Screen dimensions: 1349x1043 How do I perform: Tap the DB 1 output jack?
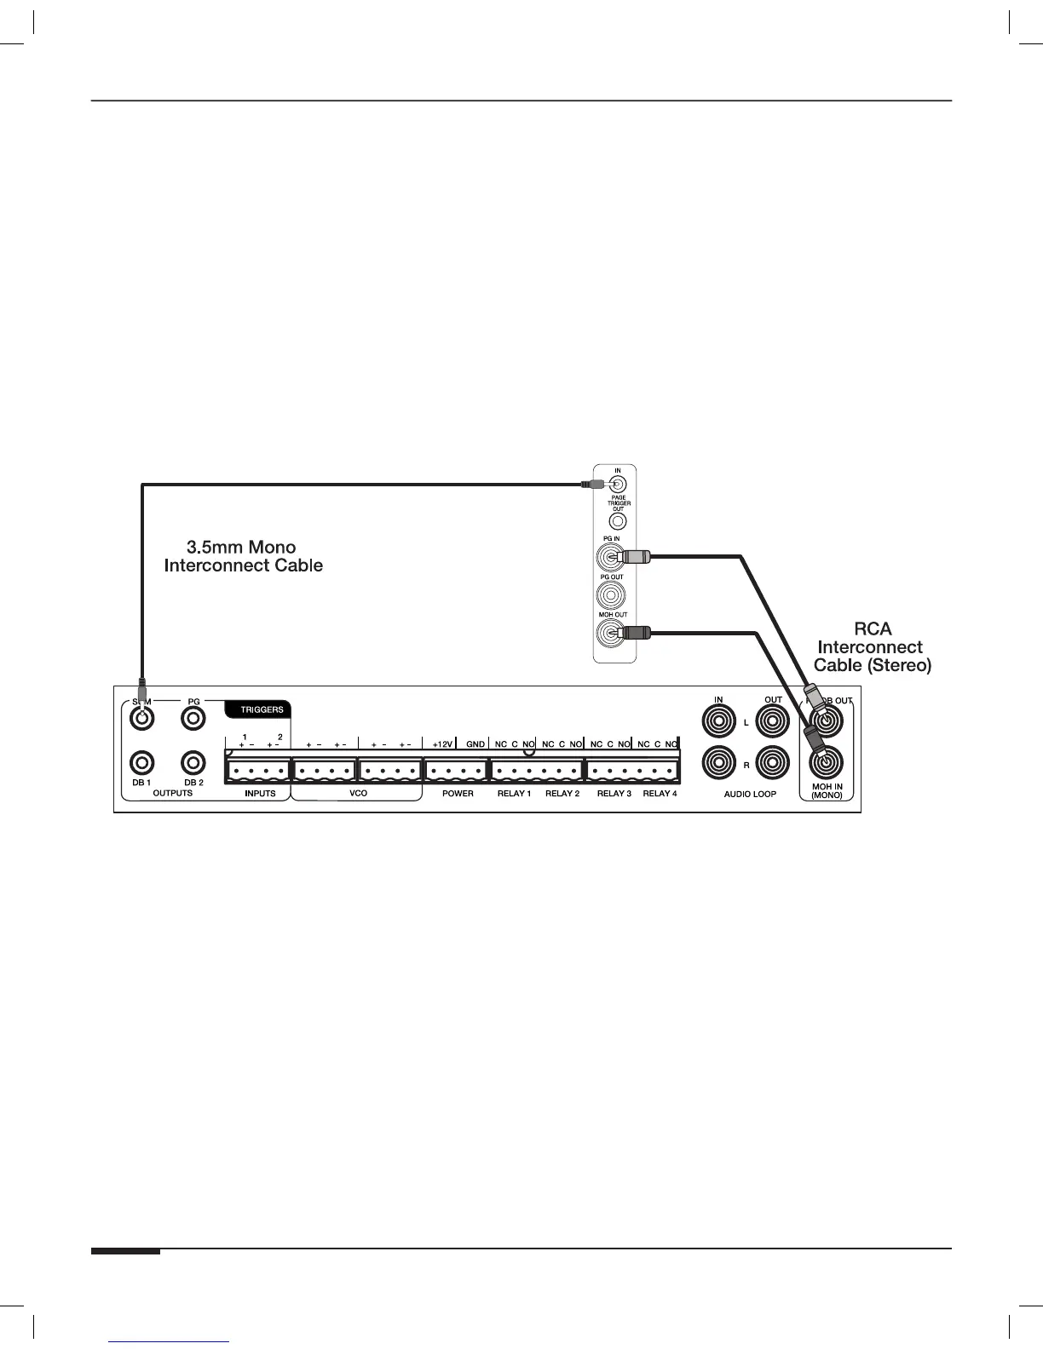pos(141,762)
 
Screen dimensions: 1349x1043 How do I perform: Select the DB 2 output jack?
pos(194,762)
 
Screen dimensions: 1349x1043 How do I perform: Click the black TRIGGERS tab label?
pos(260,709)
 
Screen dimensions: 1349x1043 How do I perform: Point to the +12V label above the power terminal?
pos(442,744)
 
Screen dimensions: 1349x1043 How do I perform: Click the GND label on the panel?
pos(475,744)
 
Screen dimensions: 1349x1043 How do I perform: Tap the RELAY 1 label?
pos(514,794)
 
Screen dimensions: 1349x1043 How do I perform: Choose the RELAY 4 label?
pos(660,794)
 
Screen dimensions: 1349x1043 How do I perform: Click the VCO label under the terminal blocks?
pos(358,794)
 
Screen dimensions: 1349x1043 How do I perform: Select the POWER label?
pos(458,794)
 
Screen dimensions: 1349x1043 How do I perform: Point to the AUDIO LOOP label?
pos(750,795)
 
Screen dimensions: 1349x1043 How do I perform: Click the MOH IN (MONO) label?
pos(827,790)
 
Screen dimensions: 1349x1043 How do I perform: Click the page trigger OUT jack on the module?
pos(619,520)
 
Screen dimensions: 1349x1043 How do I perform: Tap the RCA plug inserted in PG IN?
pos(636,558)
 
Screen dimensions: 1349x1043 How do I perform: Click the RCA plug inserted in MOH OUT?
pos(636,633)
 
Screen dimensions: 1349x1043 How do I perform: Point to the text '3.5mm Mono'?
pos(241,548)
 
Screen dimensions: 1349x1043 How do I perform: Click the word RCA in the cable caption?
pos(873,629)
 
